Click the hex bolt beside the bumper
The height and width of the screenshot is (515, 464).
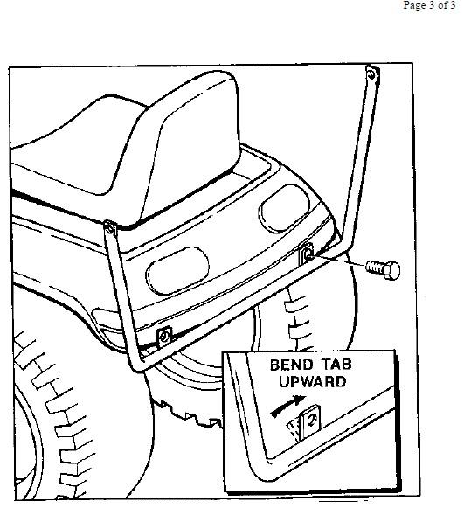(383, 270)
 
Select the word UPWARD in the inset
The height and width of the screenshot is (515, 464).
(312, 381)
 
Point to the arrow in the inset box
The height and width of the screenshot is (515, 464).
(287, 407)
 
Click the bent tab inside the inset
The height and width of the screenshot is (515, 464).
(310, 421)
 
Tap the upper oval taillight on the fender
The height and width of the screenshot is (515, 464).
(285, 209)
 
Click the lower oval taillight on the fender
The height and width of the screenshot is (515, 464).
(177, 271)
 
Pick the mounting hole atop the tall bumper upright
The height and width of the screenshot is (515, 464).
(371, 74)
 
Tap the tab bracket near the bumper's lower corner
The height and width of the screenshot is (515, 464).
(164, 337)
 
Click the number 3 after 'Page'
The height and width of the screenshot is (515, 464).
(431, 5)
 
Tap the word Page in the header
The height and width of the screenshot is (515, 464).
(414, 6)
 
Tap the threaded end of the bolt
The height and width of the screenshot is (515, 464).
(374, 268)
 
